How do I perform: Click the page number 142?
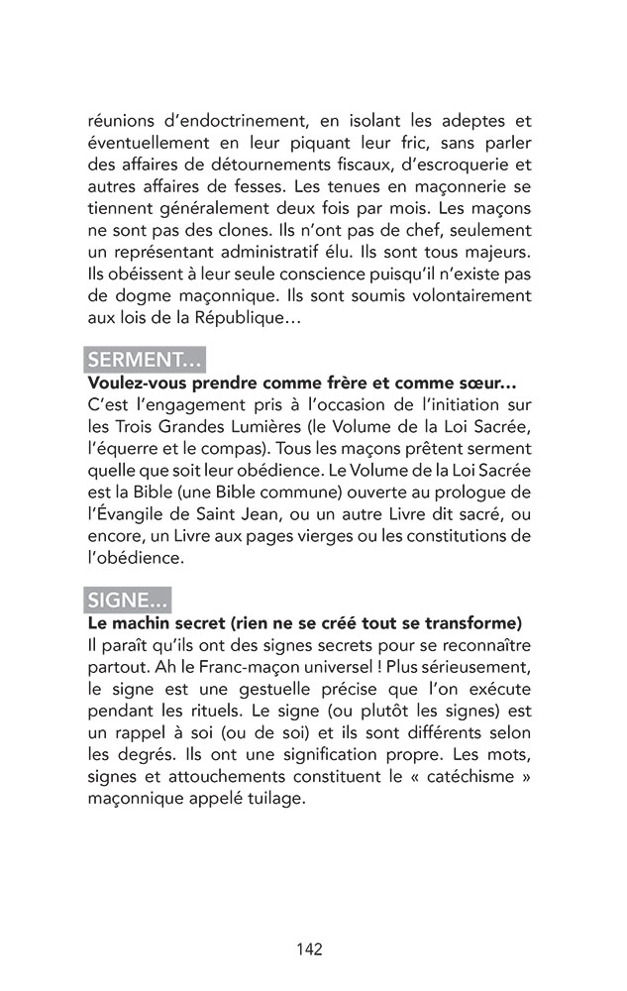click(309, 949)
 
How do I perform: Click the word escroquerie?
click(459, 165)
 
